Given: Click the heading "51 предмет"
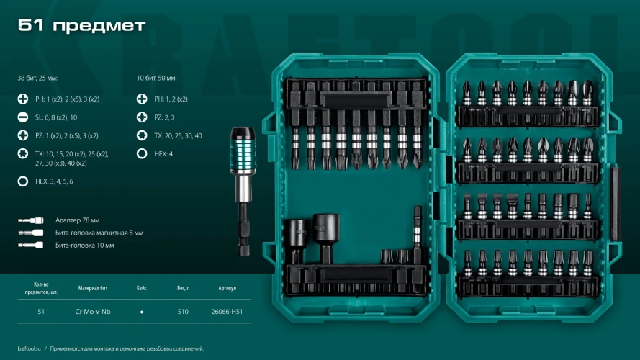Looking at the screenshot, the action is tap(81, 26).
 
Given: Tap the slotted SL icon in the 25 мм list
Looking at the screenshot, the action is tap(23, 117).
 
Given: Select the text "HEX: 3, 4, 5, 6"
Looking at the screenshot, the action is tap(54, 181).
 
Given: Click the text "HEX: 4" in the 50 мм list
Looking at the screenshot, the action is tap(163, 154).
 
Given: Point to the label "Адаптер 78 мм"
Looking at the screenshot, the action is tap(78, 220).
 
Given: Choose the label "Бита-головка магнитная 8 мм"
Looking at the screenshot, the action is tap(99, 233).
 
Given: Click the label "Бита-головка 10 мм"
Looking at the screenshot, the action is tap(85, 246).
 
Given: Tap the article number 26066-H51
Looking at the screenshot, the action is tap(227, 312).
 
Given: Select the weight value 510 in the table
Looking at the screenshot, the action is tap(183, 312).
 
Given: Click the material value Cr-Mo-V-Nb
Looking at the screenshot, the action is tap(93, 312).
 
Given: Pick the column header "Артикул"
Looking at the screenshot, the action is tap(227, 288).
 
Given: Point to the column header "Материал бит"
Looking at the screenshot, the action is tap(93, 288).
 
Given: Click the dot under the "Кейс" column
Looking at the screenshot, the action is tap(142, 312).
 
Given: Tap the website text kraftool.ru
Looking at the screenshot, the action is tap(29, 348).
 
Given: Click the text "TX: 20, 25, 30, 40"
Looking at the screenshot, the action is tap(178, 135).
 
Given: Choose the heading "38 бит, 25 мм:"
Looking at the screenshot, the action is tap(37, 78).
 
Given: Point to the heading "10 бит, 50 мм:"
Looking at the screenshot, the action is tap(157, 78).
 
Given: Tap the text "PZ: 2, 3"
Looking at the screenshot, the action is tap(164, 117).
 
